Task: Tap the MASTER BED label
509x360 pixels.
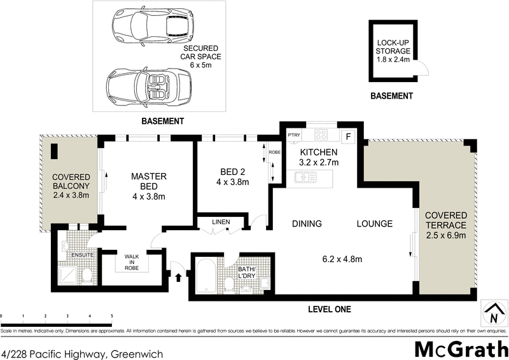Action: (148, 181)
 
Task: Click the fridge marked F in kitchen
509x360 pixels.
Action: (347, 135)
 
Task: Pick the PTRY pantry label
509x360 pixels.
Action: (293, 135)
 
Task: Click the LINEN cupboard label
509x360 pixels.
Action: (221, 221)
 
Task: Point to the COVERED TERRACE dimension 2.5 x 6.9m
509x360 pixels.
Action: (446, 236)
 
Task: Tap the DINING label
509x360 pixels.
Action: (307, 224)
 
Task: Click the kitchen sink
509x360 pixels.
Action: (301, 179)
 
